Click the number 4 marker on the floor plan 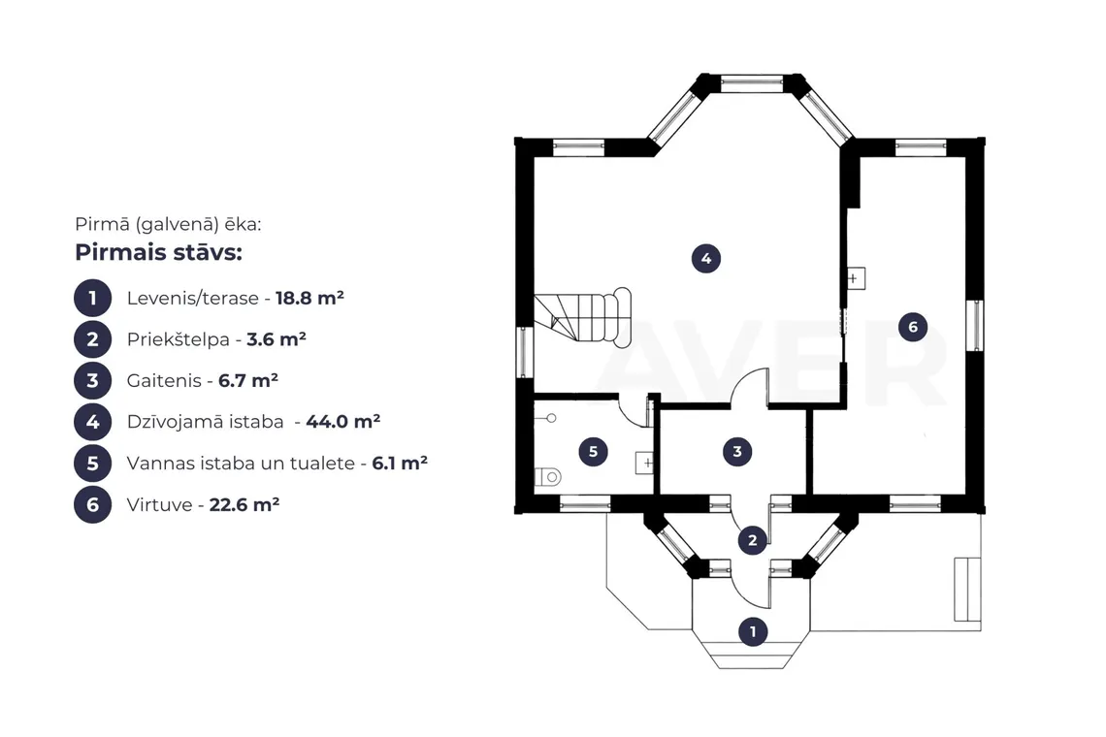(706, 259)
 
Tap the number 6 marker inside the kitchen (913, 327)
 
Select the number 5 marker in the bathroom (593, 451)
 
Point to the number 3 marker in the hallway (737, 451)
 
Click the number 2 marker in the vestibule (752, 540)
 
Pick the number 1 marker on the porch (753, 631)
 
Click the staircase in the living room (583, 317)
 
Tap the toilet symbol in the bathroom (548, 477)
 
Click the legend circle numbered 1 (92, 298)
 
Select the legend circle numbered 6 (92, 504)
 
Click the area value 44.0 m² (342, 422)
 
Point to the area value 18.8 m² (309, 298)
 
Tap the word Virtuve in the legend (159, 505)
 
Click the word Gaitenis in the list (164, 381)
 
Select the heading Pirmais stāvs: (159, 252)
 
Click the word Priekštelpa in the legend (179, 340)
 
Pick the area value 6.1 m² (400, 464)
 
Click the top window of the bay (751, 84)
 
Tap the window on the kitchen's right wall (975, 326)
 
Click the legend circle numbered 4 (92, 422)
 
